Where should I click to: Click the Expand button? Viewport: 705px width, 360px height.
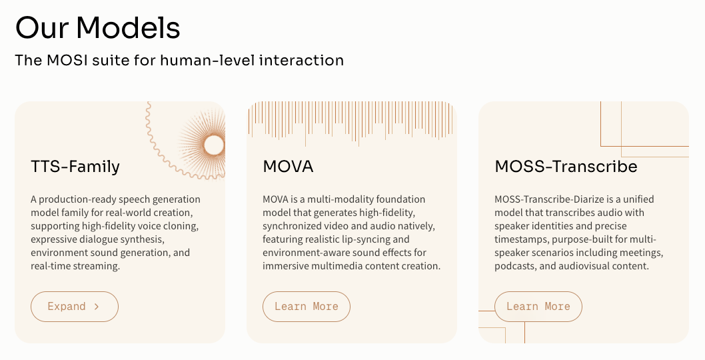click(x=74, y=307)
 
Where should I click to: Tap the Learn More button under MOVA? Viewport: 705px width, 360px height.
click(x=306, y=307)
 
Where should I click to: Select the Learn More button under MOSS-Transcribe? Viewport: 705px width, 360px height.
click(x=538, y=307)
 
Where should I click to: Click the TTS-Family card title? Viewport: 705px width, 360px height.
click(x=75, y=166)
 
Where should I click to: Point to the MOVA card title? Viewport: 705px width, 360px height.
click(x=288, y=166)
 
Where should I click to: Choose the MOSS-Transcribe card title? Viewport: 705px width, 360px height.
click(x=566, y=166)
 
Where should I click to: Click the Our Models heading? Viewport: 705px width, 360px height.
click(x=97, y=28)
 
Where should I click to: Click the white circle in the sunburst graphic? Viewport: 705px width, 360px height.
click(x=214, y=145)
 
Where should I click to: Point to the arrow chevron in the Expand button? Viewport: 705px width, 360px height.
click(x=97, y=307)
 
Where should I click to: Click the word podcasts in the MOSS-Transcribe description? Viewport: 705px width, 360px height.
click(x=517, y=266)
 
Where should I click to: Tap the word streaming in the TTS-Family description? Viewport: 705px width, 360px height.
click(x=98, y=266)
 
